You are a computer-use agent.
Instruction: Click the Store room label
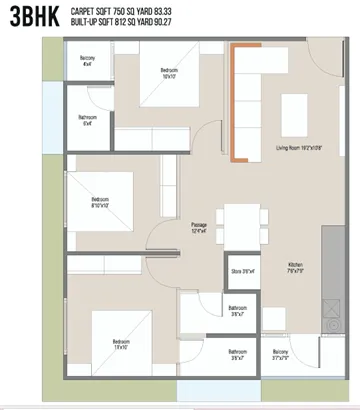pyautogui.click(x=242, y=271)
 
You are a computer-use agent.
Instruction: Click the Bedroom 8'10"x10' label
pyautogui.click(x=97, y=202)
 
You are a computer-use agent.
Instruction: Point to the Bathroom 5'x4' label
pyautogui.click(x=87, y=121)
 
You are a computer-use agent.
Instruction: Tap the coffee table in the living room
pyautogui.click(x=295, y=106)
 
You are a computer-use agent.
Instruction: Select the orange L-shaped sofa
pyautogui.click(x=237, y=110)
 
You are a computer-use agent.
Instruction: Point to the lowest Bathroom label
pyautogui.click(x=238, y=355)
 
